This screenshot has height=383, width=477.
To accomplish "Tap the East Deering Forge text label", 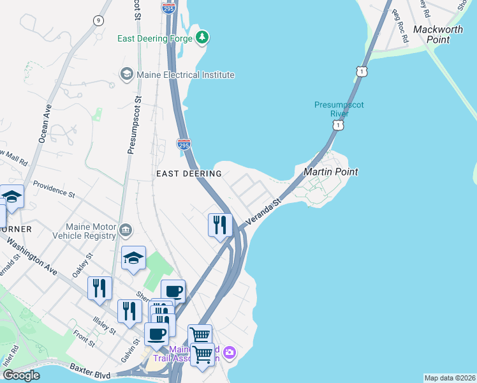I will tap(155, 38).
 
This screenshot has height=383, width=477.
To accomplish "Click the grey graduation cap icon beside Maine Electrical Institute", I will tap(127, 75).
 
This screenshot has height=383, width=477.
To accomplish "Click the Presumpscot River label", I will tap(339, 109).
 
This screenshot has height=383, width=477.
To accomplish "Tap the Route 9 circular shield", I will tap(98, 20).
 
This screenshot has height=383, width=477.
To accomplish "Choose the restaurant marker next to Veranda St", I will tap(219, 225).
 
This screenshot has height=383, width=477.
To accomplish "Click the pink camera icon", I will tap(230, 352).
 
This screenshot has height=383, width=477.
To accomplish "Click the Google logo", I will tap(21, 375).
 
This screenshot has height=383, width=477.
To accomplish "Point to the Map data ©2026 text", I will tap(449, 378).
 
